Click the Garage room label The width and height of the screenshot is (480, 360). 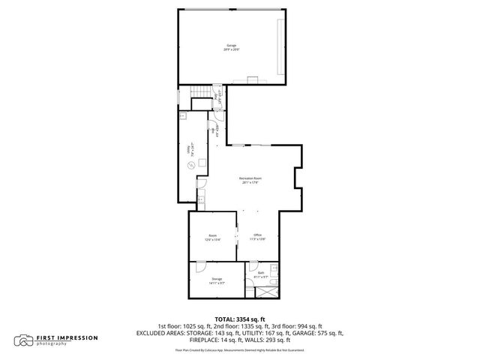click(231, 46)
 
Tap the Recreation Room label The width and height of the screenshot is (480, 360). click(250, 178)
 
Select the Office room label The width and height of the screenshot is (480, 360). click(257, 235)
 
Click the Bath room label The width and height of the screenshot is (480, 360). click(260, 273)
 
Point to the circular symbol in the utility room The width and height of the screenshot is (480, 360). click(191, 165)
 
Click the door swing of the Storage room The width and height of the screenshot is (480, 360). click(200, 265)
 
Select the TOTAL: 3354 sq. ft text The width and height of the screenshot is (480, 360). click(240, 319)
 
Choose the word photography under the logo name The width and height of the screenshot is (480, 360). click(53, 344)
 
